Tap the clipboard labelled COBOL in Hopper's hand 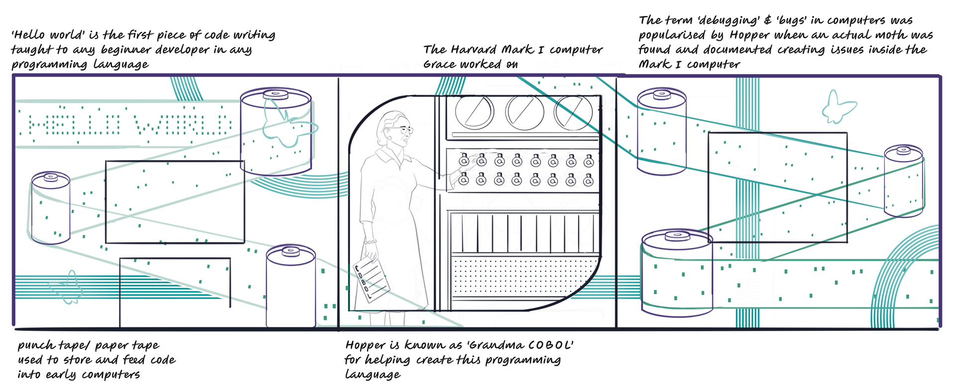coord(371,280)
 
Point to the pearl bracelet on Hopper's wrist coord(370,242)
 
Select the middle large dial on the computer coord(524,112)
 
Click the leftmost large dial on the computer coord(475,112)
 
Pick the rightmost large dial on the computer coord(573,112)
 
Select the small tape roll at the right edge coord(903,181)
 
